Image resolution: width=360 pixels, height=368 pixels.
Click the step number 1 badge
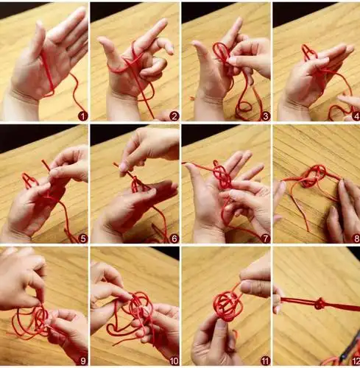[83, 116]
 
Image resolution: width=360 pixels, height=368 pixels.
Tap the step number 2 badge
[174, 116]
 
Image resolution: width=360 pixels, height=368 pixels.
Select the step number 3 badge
[266, 116]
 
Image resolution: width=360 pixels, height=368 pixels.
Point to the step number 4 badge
[356, 116]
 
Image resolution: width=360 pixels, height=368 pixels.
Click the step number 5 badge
[83, 238]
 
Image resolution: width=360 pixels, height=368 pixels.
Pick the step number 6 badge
[174, 238]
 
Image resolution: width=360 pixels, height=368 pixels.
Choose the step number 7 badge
[266, 238]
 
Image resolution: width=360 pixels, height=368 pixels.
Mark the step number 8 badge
[356, 238]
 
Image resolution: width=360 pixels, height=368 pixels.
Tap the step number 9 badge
[83, 361]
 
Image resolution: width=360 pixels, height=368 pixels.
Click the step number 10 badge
[174, 361]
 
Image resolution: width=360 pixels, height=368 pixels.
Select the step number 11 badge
[265, 361]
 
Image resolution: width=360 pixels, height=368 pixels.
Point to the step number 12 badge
[356, 361]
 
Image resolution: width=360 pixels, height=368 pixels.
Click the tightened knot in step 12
[320, 304]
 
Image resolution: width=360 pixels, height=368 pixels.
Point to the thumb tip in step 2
[102, 40]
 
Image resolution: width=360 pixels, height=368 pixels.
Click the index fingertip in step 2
[162, 22]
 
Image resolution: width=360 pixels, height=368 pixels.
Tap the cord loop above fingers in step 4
[308, 52]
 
